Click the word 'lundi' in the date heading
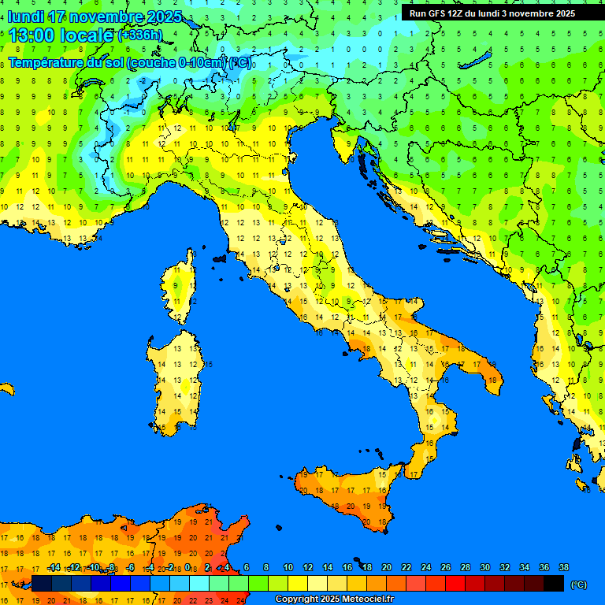(x=25, y=17)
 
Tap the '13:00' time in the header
(x=32, y=35)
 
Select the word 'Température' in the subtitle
(x=47, y=63)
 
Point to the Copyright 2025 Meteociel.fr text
(x=334, y=599)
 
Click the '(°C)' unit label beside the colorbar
(x=577, y=585)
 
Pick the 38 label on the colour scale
(x=562, y=567)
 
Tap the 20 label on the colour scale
(x=386, y=567)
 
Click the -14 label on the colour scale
(x=54, y=567)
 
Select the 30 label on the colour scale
(x=484, y=567)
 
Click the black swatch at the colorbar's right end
(x=554, y=584)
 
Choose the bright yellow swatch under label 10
(x=298, y=584)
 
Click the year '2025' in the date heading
(x=164, y=17)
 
